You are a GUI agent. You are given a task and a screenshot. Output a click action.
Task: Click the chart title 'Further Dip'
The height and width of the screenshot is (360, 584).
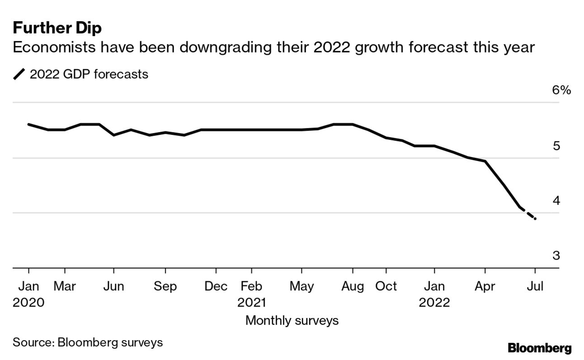[57, 28]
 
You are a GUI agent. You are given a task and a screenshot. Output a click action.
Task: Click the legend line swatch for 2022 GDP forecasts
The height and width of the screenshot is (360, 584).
[19, 74]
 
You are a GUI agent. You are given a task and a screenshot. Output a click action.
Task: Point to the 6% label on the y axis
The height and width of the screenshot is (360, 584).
[561, 90]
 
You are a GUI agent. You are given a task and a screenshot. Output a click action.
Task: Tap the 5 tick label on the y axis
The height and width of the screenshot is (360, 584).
[556, 146]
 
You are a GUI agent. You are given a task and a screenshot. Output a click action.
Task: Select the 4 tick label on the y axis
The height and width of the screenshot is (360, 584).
[556, 200]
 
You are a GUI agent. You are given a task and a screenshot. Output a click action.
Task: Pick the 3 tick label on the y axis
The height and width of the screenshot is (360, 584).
[556, 256]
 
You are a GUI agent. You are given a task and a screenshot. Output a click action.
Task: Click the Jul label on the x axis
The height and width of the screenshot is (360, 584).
[535, 286]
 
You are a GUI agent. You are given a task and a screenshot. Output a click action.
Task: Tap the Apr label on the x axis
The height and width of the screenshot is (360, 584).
[485, 286]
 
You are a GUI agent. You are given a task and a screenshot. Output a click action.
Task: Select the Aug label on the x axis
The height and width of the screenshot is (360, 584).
[353, 286]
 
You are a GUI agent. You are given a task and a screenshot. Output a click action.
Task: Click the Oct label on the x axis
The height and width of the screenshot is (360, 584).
[386, 286]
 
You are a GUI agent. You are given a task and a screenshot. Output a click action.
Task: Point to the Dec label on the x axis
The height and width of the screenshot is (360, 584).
[216, 286]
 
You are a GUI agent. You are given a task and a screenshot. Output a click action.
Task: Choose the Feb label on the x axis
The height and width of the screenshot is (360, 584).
[251, 286]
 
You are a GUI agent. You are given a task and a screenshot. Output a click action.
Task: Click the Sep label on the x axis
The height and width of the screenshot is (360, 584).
[165, 286]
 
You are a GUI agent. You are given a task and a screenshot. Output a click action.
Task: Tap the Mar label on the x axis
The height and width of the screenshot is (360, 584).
[65, 286]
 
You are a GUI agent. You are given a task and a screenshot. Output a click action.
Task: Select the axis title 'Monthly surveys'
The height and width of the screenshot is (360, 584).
[292, 321]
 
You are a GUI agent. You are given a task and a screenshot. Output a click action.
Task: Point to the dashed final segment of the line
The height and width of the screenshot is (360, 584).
[528, 213]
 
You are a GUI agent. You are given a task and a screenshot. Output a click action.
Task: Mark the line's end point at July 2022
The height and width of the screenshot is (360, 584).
[535, 219]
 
